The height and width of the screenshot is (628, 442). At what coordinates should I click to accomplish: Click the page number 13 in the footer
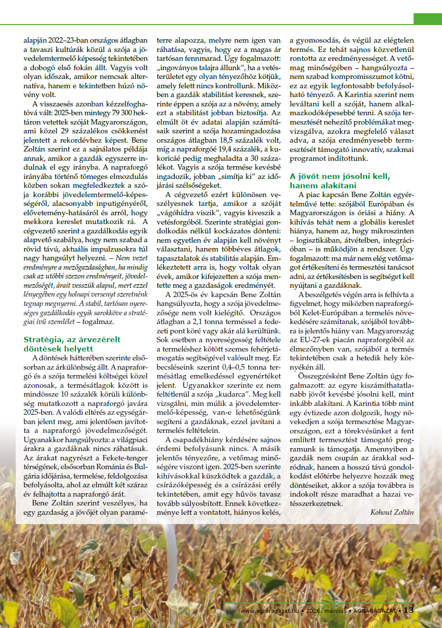click(409, 610)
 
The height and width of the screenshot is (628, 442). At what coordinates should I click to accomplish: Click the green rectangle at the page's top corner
click(427, 19)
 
